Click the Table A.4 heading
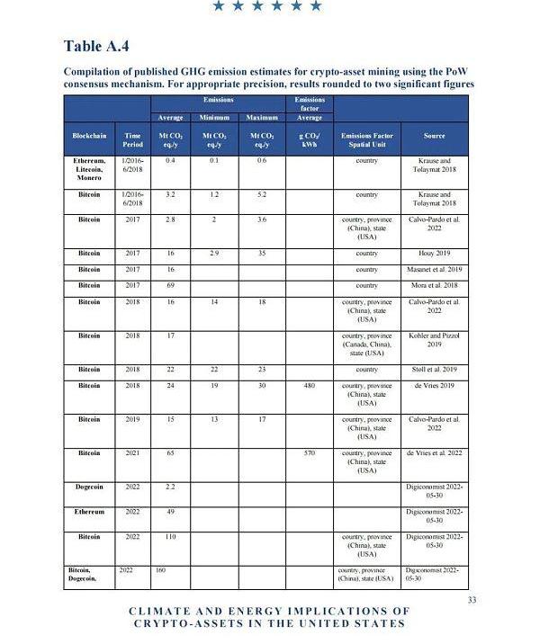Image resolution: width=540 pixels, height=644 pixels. [103, 46]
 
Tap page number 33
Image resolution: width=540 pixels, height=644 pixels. [472, 600]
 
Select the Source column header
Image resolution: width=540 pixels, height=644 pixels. [435, 136]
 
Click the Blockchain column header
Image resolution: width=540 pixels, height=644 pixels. [89, 136]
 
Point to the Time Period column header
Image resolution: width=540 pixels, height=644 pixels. [132, 139]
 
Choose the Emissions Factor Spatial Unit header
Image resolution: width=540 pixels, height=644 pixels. [366, 139]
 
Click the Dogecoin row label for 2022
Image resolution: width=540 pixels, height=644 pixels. [89, 487]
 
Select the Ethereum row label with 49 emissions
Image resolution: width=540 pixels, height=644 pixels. [89, 512]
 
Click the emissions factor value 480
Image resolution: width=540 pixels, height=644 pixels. [309, 386]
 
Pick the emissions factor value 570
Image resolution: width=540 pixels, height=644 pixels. [309, 453]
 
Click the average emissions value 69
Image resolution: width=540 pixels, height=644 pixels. [169, 285]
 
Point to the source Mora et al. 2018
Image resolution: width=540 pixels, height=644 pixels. [435, 285]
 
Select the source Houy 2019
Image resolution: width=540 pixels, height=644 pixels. [435, 254]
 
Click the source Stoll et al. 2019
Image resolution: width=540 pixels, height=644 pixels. [435, 369]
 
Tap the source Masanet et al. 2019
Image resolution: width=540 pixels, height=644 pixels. [435, 269]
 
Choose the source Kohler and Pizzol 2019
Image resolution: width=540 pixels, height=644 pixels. [435, 339]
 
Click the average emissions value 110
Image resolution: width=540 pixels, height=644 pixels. [169, 537]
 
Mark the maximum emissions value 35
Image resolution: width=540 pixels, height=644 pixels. [261, 254]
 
